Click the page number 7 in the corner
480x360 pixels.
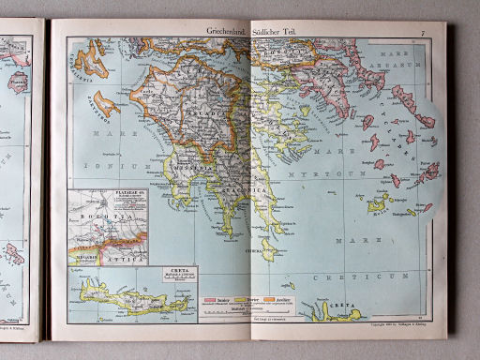pos(423,32)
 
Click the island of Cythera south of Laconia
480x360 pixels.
pos(268,249)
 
